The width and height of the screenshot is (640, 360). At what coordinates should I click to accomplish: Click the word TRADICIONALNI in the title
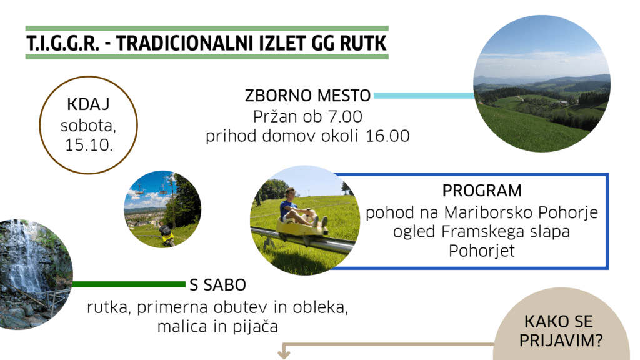182,43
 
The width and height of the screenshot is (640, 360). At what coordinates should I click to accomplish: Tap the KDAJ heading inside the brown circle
88,104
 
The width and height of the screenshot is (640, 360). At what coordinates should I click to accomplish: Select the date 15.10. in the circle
89,145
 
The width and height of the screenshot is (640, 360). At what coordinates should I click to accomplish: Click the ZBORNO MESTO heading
307,96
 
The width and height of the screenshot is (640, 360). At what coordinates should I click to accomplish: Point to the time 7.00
345,117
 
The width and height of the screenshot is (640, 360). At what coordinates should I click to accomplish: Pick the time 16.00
387,136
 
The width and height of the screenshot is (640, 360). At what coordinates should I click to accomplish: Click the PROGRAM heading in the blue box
482,191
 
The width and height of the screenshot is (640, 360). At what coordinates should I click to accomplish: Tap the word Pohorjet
482,251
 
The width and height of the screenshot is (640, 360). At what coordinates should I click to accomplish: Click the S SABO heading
218,285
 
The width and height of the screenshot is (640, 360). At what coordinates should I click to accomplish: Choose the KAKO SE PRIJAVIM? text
561,331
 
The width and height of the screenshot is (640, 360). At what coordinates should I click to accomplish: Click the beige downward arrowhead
284,354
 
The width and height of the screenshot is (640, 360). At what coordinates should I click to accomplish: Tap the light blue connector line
424,96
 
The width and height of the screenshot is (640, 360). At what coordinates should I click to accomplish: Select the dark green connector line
129,284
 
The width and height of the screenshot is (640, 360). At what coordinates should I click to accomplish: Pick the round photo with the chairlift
162,209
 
